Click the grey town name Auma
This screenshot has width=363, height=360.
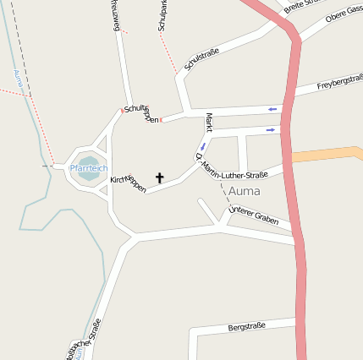pyautogui.click(x=245, y=191)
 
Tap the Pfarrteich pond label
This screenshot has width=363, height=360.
pyautogui.click(x=89, y=168)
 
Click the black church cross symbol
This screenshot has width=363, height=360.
pyautogui.click(x=159, y=178)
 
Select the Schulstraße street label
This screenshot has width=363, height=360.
pyautogui.click(x=201, y=64)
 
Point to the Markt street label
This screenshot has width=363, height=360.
pyautogui.click(x=208, y=123)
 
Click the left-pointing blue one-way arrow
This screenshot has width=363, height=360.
pyautogui.click(x=272, y=109)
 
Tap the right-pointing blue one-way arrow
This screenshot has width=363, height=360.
pyautogui.click(x=271, y=129)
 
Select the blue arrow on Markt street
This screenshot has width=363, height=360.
pyautogui.click(x=202, y=146)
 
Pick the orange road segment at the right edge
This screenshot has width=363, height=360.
pyautogui.click(x=330, y=154)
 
